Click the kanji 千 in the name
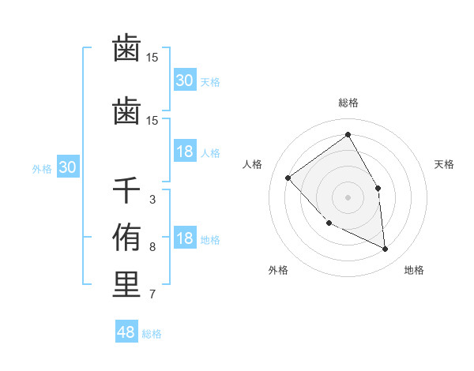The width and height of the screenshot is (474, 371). [x=126, y=191]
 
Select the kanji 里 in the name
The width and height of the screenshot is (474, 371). [x=126, y=285]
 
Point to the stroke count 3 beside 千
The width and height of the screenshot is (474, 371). [x=152, y=200]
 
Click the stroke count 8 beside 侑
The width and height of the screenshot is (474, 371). [x=152, y=247]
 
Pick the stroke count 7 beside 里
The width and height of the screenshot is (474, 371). [x=152, y=294]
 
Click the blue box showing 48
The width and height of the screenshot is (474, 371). [x=126, y=332]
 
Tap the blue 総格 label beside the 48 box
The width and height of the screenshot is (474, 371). [x=152, y=334]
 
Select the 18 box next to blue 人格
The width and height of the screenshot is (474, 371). [x=185, y=152]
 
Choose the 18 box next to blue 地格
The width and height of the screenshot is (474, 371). [x=185, y=238]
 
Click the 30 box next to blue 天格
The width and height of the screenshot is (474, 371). [x=185, y=80]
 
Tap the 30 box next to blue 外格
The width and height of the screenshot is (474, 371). [x=68, y=167]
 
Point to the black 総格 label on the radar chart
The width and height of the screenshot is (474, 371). [x=348, y=103]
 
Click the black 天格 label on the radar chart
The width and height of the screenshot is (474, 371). [x=445, y=164]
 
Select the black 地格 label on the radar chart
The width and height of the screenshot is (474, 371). [x=414, y=270]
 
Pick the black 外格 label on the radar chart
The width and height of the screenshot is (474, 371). [x=278, y=270]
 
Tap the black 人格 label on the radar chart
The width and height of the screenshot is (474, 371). [x=253, y=164]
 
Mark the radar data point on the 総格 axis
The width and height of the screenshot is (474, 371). [x=348, y=135]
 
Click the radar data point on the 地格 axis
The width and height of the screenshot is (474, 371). [x=386, y=249]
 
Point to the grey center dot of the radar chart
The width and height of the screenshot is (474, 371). [x=348, y=197]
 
